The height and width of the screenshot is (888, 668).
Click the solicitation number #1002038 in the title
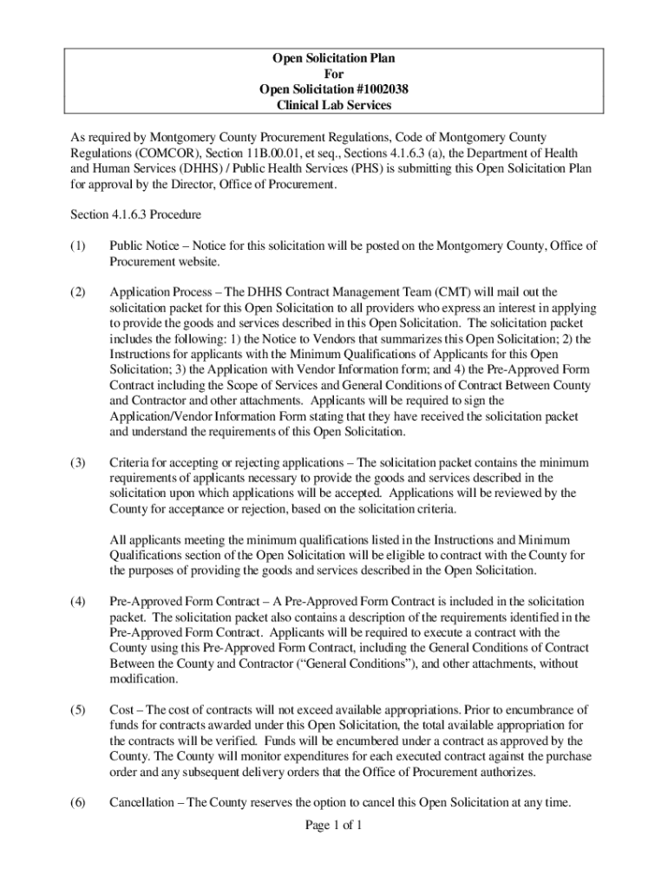372,89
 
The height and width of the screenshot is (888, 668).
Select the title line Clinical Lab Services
334,105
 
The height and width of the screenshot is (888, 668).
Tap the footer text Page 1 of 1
334,825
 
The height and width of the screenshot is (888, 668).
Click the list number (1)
78,246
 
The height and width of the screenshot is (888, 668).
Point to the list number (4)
78,601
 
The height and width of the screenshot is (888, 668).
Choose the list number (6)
78,802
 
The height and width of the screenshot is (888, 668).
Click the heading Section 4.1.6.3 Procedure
136,213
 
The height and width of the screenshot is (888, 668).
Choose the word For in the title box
334,75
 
